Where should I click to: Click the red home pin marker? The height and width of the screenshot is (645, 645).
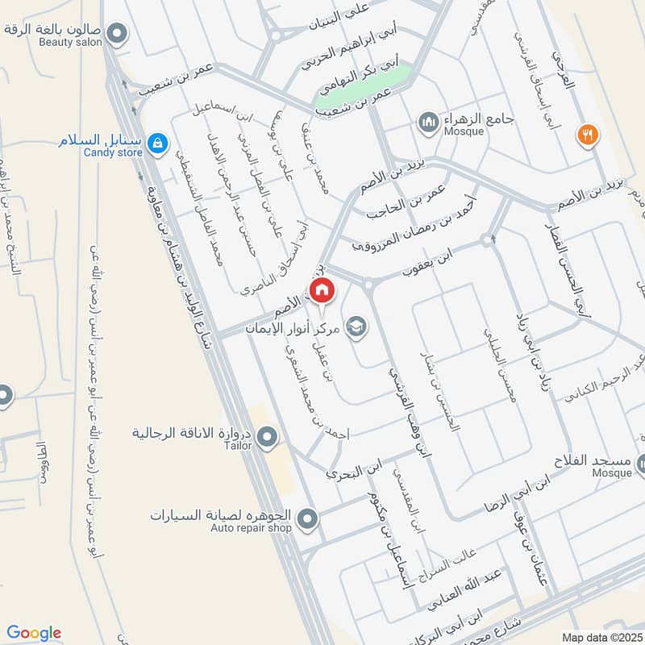coord(322,289)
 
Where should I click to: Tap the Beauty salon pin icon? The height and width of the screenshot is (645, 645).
coord(118,33)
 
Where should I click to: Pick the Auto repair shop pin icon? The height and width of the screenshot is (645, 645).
coord(306,519)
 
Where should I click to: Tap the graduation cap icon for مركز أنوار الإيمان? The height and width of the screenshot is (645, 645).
coord(354,327)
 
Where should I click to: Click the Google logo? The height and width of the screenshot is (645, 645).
coord(34,633)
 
